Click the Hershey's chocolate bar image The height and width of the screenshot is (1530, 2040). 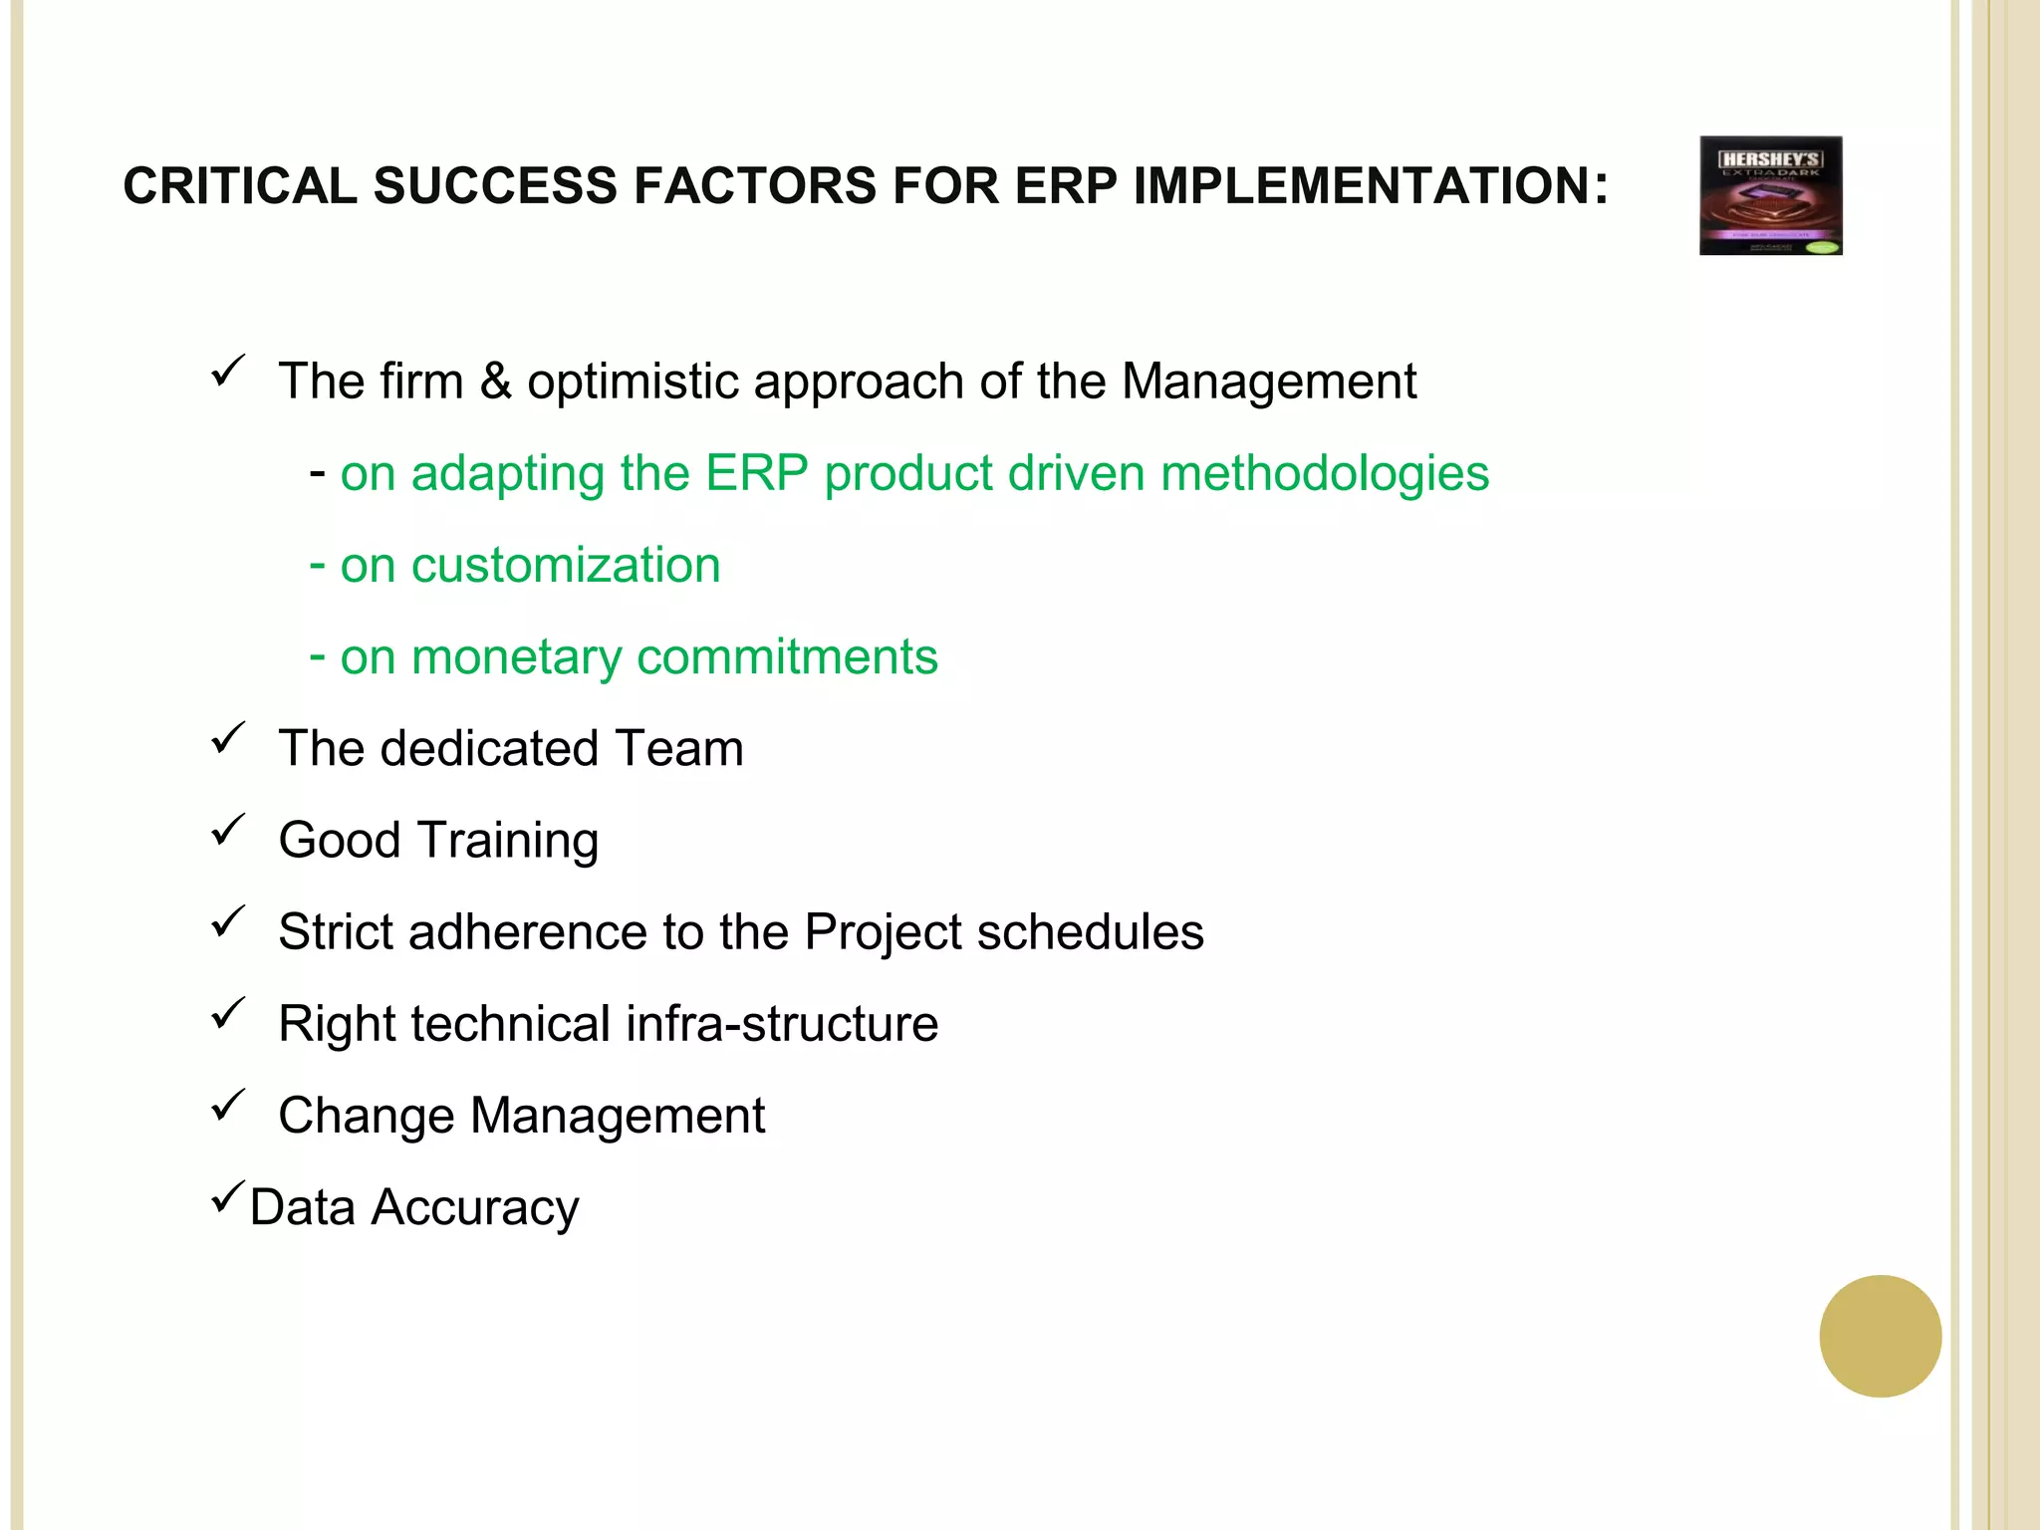[x=1770, y=195]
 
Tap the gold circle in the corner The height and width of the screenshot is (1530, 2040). [x=1880, y=1336]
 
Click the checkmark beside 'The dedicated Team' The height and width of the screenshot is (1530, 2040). [x=228, y=739]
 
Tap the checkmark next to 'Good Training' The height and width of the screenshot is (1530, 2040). [x=228, y=831]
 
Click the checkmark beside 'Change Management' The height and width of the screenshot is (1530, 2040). [x=228, y=1106]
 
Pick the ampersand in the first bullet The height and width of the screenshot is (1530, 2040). [x=495, y=382]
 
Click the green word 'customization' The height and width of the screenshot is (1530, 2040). [x=566, y=566]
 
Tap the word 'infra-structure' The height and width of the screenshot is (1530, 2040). [x=782, y=1024]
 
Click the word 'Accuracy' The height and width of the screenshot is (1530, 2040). [x=474, y=1208]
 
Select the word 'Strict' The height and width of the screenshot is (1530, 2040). [x=335, y=932]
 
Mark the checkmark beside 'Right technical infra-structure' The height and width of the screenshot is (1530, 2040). [x=228, y=1014]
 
